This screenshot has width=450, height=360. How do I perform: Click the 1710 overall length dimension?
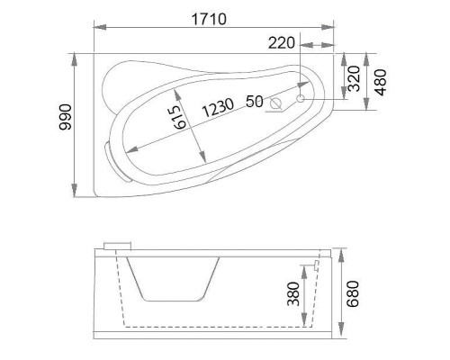click(209, 17)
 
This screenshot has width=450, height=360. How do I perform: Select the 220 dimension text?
click(282, 41)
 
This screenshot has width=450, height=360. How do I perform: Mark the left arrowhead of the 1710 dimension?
click(95, 28)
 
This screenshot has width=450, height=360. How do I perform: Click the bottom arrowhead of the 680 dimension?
click(342, 337)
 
